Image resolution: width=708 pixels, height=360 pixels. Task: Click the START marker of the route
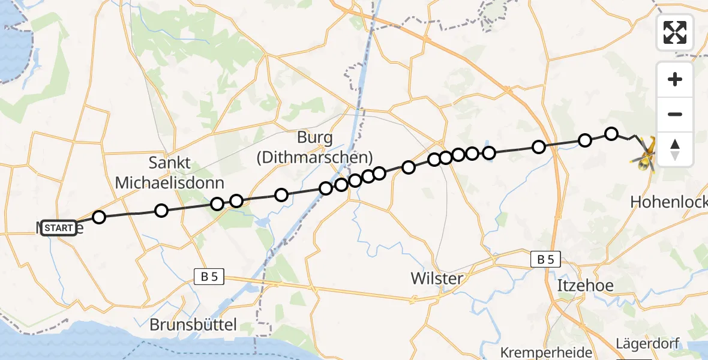(x=59, y=228)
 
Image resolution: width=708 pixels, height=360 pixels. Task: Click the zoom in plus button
(x=675, y=79)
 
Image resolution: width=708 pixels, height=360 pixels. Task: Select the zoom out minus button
(x=675, y=115)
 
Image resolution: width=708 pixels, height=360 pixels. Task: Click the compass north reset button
(x=675, y=149)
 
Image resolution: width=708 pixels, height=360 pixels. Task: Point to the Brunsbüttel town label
(x=193, y=325)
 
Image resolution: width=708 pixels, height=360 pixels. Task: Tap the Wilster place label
(x=437, y=278)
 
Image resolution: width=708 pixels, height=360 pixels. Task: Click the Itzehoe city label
(x=586, y=285)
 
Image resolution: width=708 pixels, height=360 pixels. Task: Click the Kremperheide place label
(x=546, y=352)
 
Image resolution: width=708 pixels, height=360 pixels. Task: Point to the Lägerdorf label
(x=647, y=344)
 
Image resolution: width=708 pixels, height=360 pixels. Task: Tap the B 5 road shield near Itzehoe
(x=545, y=260)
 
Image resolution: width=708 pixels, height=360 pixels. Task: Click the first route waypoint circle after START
(x=99, y=217)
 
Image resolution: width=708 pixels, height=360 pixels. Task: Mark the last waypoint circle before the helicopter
(x=611, y=133)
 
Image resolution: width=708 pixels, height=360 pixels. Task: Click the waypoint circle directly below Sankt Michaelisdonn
(x=161, y=210)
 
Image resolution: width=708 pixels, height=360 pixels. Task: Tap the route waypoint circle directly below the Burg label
(x=326, y=188)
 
